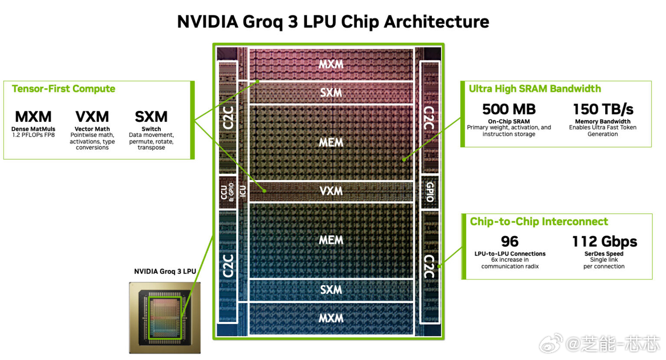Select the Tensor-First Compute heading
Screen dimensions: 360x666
63,88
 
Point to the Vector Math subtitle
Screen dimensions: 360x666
92,129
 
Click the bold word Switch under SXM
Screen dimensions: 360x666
151,129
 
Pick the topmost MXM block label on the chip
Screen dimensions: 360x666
331,64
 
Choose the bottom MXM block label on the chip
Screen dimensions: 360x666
331,318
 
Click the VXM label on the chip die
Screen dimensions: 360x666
331,191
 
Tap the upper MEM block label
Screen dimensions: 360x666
331,143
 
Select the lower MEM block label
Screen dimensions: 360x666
331,240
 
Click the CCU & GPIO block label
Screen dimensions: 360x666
227,192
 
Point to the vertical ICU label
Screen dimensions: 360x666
242,191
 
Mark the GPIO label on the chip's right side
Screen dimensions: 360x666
430,192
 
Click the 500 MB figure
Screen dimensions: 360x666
508,109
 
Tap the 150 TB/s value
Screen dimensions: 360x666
603,109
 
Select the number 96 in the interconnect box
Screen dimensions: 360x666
510,242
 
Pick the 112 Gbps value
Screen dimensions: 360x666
604,242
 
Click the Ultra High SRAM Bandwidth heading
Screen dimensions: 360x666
535,88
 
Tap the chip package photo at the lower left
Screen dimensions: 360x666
164,317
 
